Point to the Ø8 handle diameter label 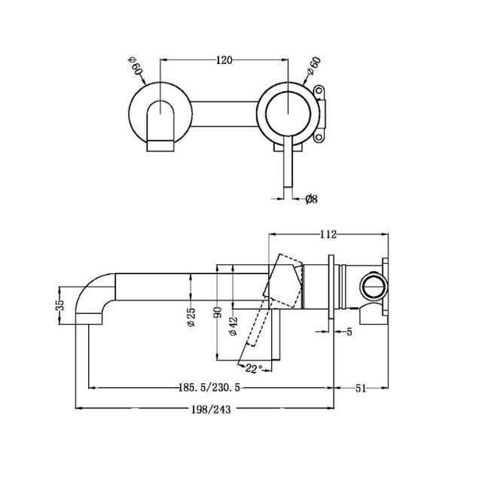(310, 199)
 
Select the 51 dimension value (361, 389)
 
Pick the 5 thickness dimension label (349, 331)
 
